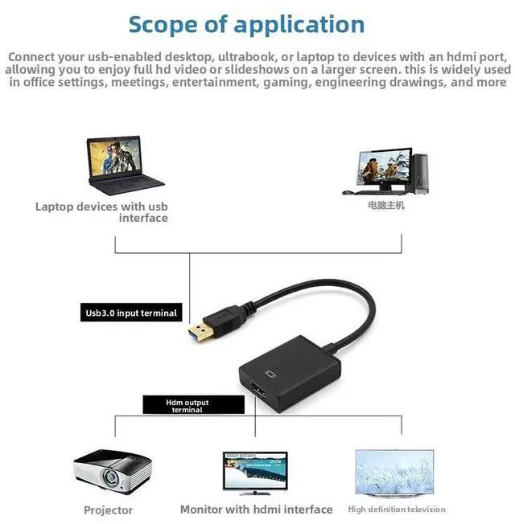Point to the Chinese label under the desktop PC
pos(385,206)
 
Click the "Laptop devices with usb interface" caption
pos(101,212)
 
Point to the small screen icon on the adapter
pos(270,374)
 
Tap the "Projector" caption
pos(108,510)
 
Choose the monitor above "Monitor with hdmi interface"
pos(256,473)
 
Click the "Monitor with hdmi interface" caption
pos(256,510)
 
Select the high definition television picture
pos(393,472)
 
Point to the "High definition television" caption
pos(396,510)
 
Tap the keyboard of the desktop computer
pos(363,193)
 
